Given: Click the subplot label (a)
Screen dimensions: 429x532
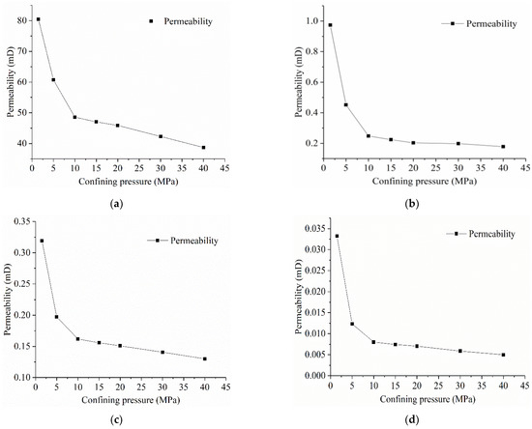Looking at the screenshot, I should tap(118, 204).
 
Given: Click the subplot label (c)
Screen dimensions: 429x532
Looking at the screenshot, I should tap(118, 419).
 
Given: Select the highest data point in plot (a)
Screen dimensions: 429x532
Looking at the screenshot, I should tap(39, 19).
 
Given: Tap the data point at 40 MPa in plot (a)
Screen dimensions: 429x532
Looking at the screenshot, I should tap(203, 148).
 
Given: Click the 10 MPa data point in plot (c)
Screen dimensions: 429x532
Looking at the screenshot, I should tap(77, 339).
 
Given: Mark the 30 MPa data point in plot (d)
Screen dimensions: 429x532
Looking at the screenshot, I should tap(460, 351).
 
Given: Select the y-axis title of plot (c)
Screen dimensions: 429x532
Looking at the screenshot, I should tap(7, 299).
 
